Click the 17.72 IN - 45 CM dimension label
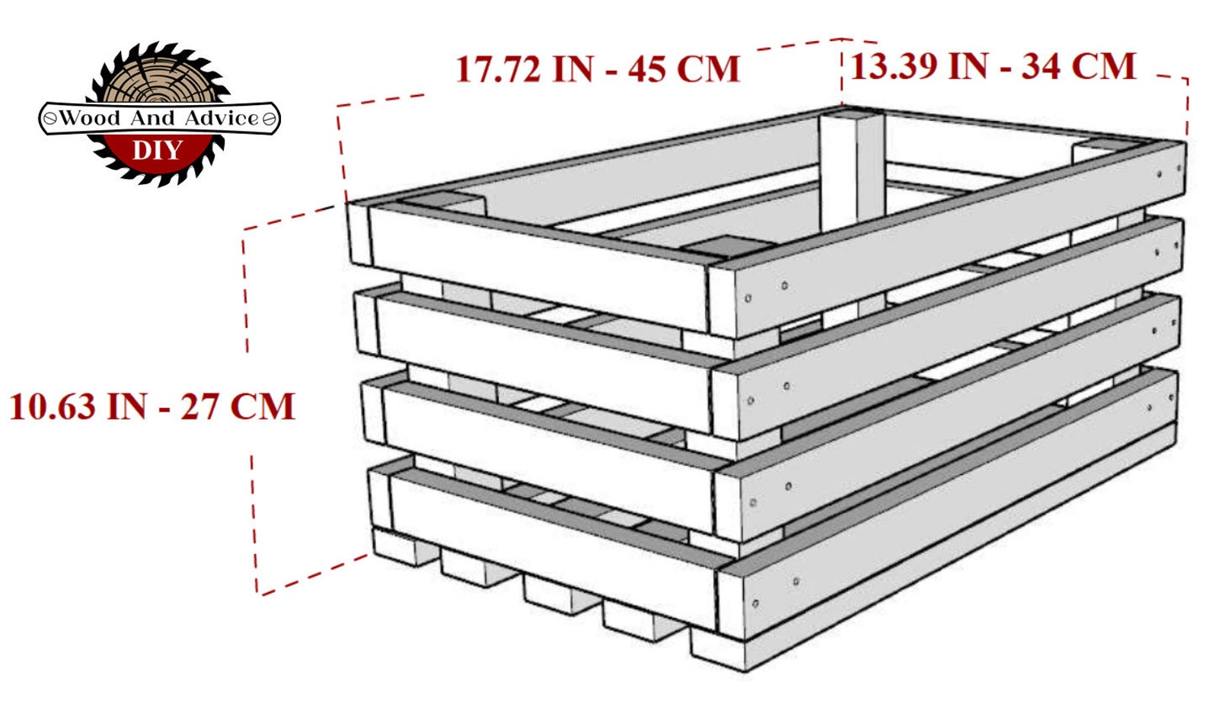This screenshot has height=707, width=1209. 598,69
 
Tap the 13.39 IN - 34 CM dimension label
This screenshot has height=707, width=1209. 993,66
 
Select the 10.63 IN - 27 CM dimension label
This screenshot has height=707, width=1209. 152,406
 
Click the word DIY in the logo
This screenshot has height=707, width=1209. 158,150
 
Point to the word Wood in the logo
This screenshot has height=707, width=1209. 90,118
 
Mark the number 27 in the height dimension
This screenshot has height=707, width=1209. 199,406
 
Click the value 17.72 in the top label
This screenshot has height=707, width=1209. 498,69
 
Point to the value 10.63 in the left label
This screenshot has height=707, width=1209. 53,406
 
